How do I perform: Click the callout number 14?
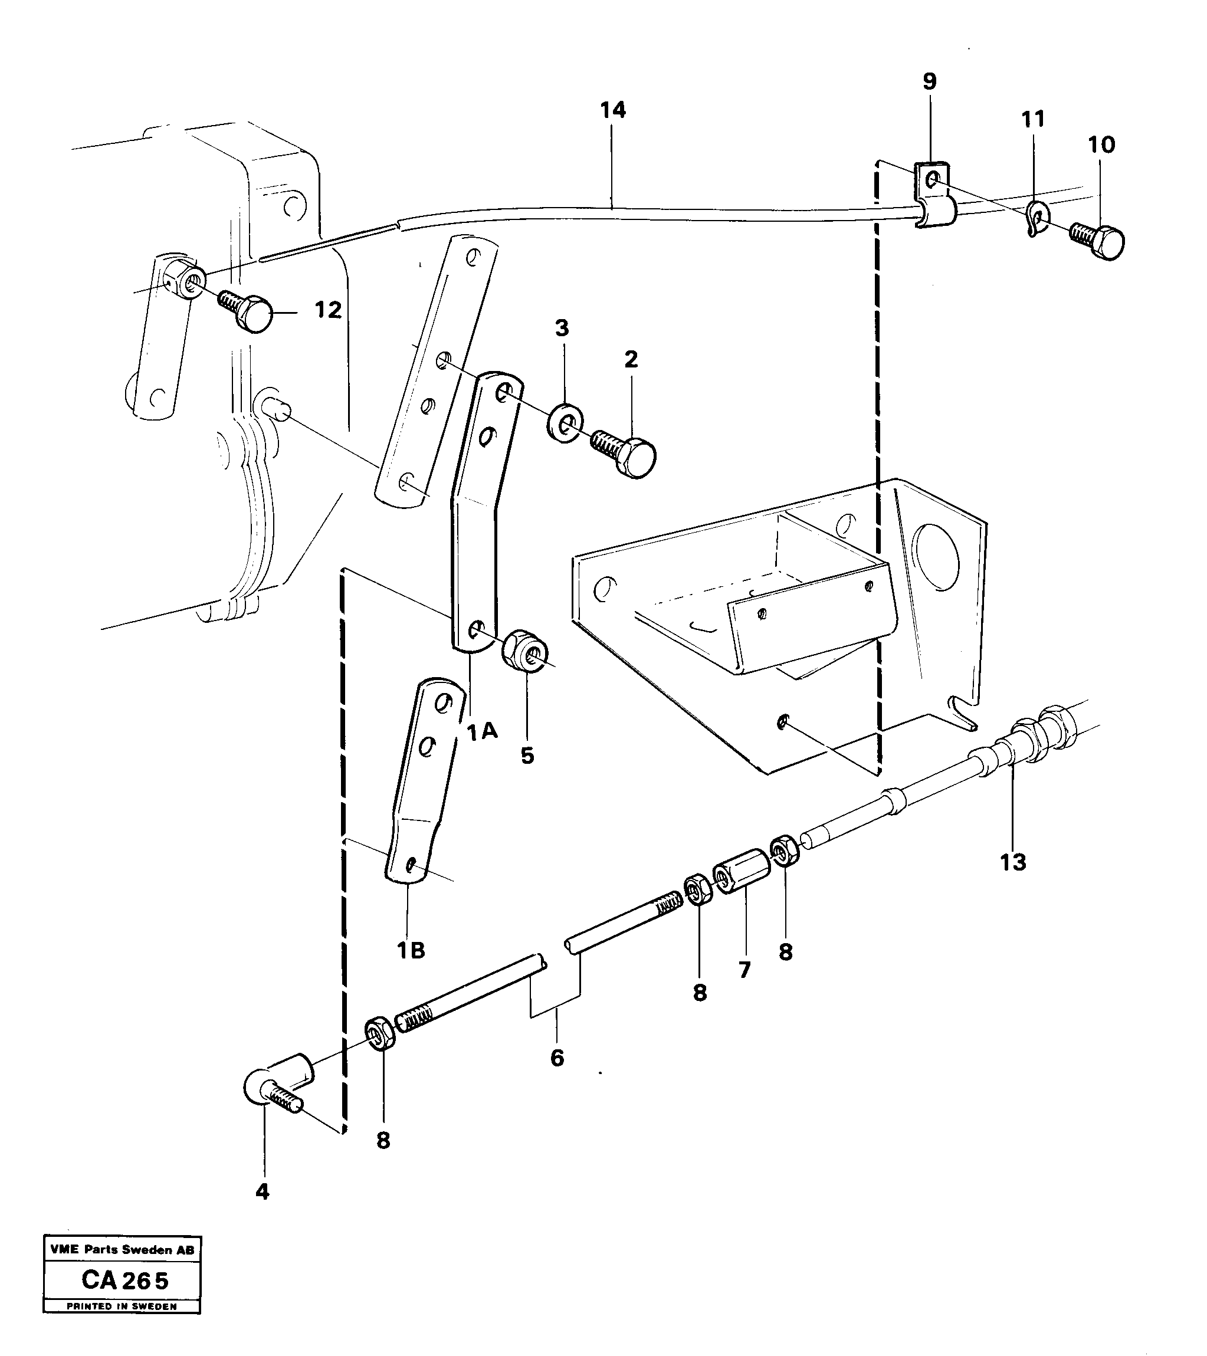pos(612,110)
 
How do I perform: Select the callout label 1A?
pos(482,733)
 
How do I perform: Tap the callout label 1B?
pos(411,951)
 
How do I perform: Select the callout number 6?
pos(557,1058)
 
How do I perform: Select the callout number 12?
pos(328,310)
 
